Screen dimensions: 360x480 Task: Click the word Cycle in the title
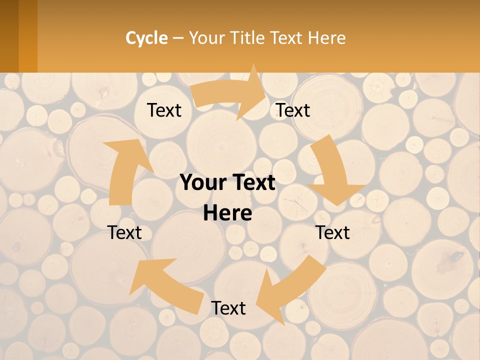coord(146,38)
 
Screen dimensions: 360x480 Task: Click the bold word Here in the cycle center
coord(227,213)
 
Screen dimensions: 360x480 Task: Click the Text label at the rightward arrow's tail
coord(164,110)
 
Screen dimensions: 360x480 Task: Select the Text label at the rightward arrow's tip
coord(293,110)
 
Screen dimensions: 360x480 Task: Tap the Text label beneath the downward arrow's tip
coord(332,232)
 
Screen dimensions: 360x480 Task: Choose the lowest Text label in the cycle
coord(228,308)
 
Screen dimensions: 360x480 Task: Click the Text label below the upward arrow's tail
coord(124,232)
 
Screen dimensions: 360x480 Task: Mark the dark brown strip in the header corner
coord(9,36)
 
